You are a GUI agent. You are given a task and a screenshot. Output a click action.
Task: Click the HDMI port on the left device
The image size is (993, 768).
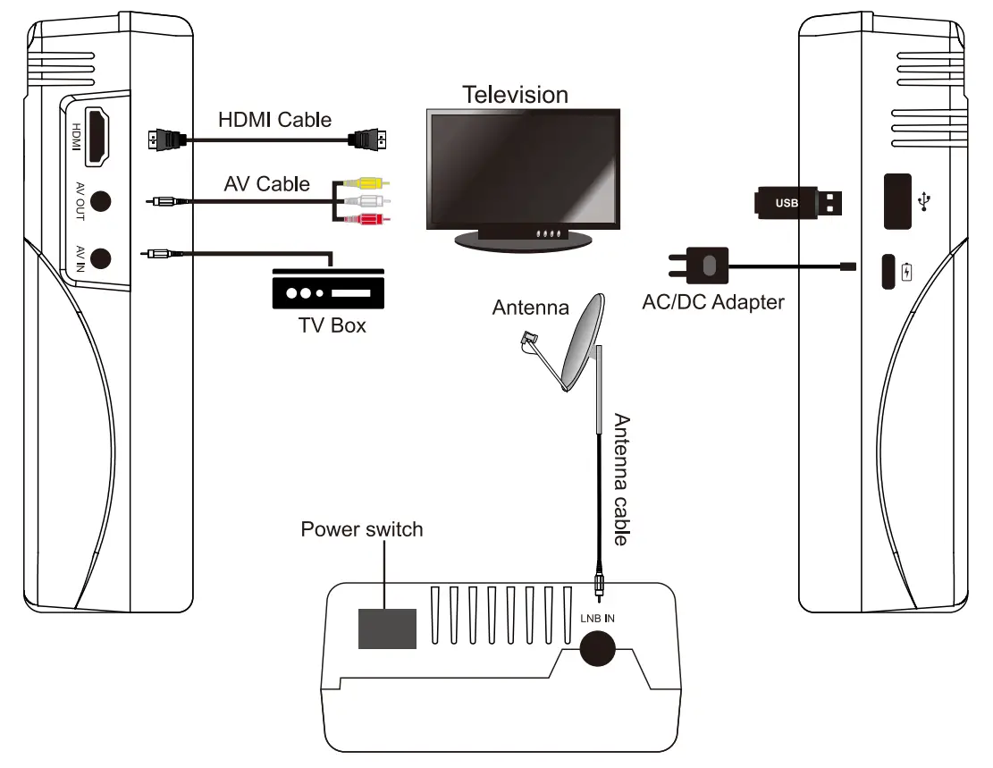[97, 137]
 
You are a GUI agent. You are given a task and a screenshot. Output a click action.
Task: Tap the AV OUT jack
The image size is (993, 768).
[101, 201]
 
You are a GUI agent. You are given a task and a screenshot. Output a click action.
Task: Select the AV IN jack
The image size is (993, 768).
[101, 258]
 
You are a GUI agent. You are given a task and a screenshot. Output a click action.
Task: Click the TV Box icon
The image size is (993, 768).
[328, 289]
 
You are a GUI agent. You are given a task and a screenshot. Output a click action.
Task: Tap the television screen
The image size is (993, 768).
[523, 168]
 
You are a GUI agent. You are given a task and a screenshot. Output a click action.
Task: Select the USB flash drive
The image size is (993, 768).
[798, 203]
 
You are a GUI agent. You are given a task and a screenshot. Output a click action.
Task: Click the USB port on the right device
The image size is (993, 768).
[897, 201]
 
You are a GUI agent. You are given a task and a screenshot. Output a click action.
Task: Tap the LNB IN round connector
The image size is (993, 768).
[597, 648]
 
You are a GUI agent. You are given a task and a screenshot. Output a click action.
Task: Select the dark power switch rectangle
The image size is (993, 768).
[388, 629]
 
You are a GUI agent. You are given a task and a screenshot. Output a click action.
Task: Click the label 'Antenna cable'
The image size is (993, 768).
[622, 480]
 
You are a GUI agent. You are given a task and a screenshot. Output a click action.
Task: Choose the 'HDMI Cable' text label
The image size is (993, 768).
[275, 120]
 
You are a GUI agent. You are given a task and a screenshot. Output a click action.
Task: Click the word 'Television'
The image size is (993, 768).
[515, 95]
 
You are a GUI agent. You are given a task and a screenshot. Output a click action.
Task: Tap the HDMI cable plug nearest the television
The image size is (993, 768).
[367, 139]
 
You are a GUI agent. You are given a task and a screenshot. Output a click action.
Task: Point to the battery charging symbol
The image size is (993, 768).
[907, 271]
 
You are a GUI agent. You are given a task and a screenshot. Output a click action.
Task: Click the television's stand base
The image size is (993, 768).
[523, 241]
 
